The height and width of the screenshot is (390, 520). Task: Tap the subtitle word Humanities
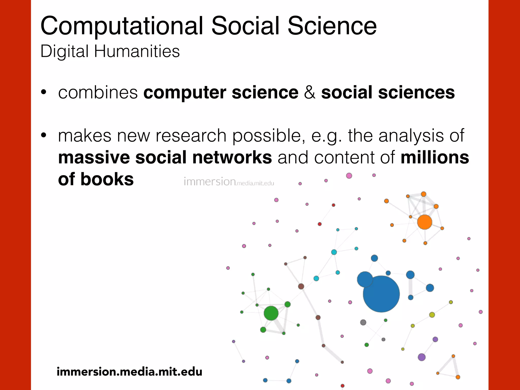(x=137, y=51)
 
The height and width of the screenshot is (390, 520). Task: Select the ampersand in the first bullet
(x=310, y=92)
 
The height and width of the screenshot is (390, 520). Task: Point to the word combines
(x=98, y=92)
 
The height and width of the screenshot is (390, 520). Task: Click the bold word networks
(x=232, y=157)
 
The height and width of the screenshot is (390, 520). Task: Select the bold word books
(x=107, y=179)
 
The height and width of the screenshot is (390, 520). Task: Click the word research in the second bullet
(x=191, y=136)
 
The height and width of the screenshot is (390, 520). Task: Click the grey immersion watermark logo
(x=229, y=182)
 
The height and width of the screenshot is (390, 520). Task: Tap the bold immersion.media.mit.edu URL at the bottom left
(x=129, y=372)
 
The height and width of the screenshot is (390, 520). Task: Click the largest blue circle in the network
(x=381, y=294)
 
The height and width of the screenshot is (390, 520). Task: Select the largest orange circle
(x=425, y=222)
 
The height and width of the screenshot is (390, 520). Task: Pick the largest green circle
(x=271, y=313)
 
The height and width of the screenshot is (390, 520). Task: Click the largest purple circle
(x=421, y=357)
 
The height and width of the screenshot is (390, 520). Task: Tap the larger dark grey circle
(x=363, y=322)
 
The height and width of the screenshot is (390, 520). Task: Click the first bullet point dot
(x=44, y=92)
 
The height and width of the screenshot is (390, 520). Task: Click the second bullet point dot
(x=44, y=136)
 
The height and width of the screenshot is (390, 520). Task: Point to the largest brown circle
(x=301, y=286)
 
